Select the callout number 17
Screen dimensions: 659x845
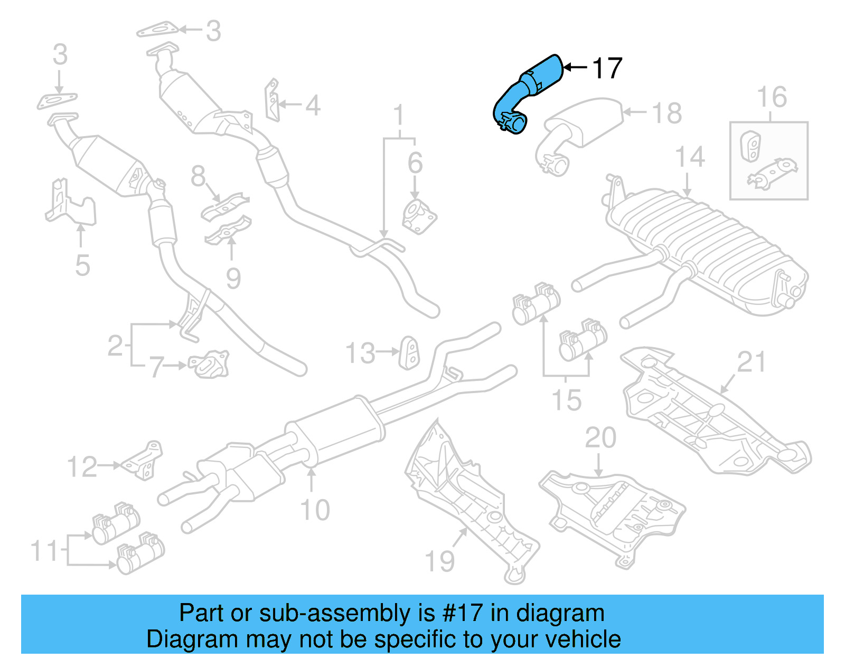(607, 69)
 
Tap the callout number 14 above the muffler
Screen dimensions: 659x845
(690, 158)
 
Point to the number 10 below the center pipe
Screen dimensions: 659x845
(315, 510)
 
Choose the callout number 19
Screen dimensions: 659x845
(439, 561)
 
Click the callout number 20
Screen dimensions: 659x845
(600, 438)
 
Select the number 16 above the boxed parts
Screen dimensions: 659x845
(772, 98)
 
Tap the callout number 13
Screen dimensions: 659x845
(360, 353)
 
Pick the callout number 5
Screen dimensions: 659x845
(82, 265)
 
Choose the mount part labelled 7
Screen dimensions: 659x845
(210, 364)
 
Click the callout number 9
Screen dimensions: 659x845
(233, 279)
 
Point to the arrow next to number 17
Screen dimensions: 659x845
(575, 67)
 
